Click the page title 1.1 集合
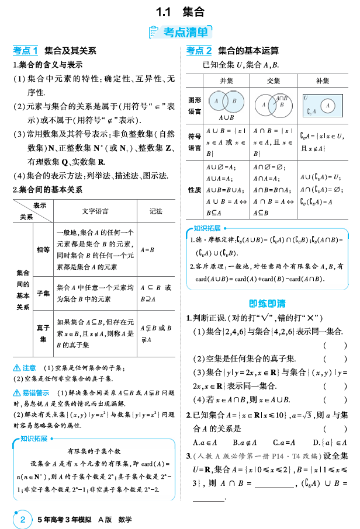[180, 11]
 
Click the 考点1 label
[26, 51]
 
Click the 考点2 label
[199, 51]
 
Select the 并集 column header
[226, 81]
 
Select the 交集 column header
[273, 81]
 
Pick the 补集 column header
[322, 81]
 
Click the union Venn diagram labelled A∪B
[226, 103]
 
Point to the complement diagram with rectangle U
[321, 103]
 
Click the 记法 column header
[156, 211]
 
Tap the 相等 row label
[43, 249]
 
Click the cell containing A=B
[131, 249]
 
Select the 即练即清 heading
[267, 303]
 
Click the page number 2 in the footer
[23, 518]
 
